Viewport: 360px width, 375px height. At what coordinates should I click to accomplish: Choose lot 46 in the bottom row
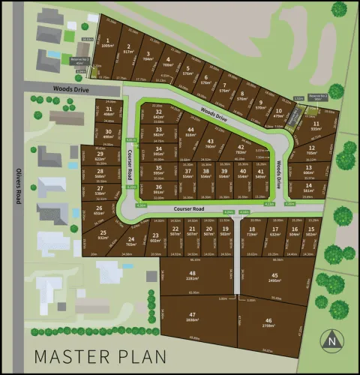pyautogui.click(x=268, y=323)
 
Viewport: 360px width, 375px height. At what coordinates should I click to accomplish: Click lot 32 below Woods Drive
pyautogui.click(x=158, y=115)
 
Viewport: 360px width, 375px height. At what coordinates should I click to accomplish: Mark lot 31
pyautogui.click(x=109, y=112)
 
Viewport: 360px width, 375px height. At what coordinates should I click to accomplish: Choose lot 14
pyautogui.click(x=308, y=187)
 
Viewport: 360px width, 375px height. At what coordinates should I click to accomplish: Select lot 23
pyautogui.click(x=155, y=238)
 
